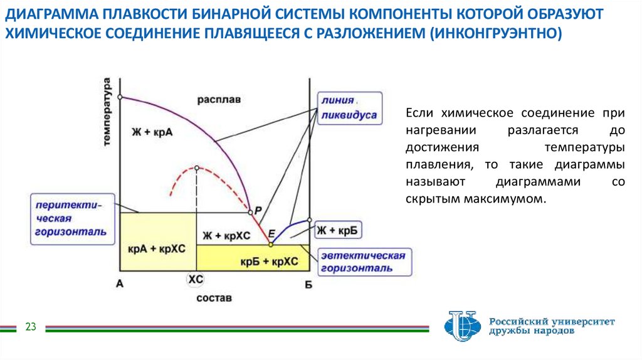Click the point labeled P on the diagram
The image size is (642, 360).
(x=250, y=211)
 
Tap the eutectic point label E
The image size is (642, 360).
(x=271, y=234)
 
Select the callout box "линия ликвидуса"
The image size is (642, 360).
(x=349, y=108)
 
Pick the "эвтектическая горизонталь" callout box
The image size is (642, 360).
(x=363, y=262)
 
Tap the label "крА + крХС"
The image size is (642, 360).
(x=157, y=248)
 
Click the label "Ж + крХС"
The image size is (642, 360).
(x=226, y=236)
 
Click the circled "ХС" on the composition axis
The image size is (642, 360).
(x=196, y=280)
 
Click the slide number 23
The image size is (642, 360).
(x=31, y=327)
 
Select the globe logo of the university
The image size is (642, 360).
(x=462, y=326)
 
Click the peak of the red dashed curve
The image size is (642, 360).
(x=197, y=168)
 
